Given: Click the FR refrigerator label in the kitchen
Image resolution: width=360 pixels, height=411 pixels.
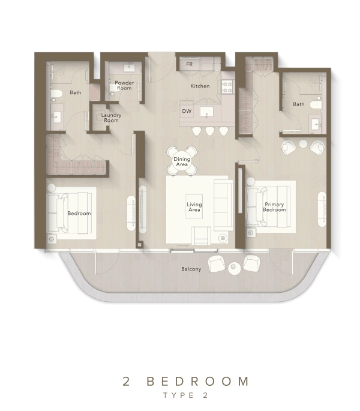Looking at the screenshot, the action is (190, 64).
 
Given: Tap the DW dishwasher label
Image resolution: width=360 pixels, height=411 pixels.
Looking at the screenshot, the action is (187, 111).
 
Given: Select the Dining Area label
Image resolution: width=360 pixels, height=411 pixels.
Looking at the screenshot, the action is (182, 162).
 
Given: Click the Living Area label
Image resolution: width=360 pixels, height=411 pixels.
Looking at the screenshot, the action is (194, 207).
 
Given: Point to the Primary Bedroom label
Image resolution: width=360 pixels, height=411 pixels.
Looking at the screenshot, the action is (274, 207).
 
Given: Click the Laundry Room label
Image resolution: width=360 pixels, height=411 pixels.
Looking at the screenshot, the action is (111, 118).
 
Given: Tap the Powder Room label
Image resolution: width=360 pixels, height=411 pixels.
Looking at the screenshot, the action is (124, 85).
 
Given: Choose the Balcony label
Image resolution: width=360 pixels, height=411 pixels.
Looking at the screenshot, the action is (191, 269).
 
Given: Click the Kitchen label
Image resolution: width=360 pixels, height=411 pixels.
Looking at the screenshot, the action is (200, 86).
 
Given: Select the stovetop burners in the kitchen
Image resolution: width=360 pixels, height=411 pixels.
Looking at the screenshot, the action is (227, 87).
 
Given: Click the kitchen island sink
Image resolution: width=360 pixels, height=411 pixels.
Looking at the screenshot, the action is (206, 112).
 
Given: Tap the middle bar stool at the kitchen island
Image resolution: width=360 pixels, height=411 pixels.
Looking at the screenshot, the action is (210, 131).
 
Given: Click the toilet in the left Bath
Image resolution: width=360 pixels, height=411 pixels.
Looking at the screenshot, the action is (56, 94).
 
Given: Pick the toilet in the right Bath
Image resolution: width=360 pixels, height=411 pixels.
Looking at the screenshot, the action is (316, 105).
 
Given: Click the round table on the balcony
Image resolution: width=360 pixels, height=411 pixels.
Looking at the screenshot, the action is (234, 269).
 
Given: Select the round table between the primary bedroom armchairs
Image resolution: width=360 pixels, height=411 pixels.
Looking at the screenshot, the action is (303, 143).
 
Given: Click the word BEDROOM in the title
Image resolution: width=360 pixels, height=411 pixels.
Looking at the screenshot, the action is (197, 382).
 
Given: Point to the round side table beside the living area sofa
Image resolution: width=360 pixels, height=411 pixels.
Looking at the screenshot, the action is (223, 238).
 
